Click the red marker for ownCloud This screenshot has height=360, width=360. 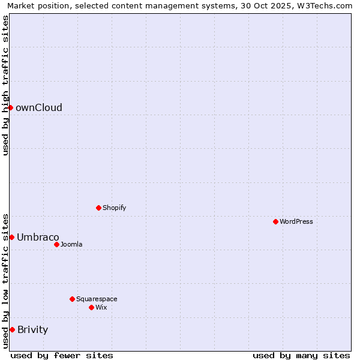(x=10, y=107)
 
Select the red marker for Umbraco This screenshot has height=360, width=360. (x=11, y=237)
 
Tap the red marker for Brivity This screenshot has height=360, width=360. (x=12, y=329)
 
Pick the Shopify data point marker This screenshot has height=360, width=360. (x=98, y=208)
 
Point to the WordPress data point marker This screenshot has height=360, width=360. (x=275, y=221)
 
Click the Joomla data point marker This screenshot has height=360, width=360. (x=56, y=244)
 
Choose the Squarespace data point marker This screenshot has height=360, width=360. (x=72, y=299)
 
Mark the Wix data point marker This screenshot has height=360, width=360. (x=91, y=307)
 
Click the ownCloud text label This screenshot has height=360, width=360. (x=39, y=108)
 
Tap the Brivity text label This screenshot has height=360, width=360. (x=33, y=330)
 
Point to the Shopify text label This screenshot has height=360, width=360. (x=115, y=208)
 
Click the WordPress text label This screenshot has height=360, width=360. (x=296, y=222)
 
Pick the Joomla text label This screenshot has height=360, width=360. (x=71, y=245)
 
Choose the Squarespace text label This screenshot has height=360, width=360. (x=97, y=299)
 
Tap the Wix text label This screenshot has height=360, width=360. (x=101, y=308)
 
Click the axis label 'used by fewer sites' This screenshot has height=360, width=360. (x=62, y=355)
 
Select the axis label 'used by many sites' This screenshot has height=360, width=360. (x=301, y=355)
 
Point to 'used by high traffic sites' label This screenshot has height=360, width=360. (x=5, y=85)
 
